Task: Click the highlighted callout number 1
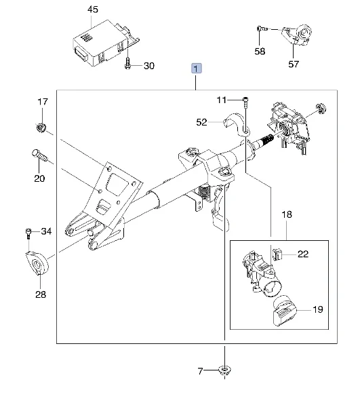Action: click(196, 69)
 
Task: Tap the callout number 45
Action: click(93, 9)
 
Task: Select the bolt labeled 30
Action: click(127, 64)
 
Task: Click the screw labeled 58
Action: click(262, 28)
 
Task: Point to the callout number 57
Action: click(294, 64)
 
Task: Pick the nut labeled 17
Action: click(41, 128)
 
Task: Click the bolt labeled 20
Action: click(39, 155)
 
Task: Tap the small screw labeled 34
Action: click(28, 233)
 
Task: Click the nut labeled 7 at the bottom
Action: click(224, 370)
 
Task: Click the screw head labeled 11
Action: click(245, 100)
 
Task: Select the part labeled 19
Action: click(284, 311)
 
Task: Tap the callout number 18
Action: click(287, 214)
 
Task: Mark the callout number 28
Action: click(41, 294)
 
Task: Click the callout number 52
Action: click(201, 122)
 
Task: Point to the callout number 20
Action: click(39, 178)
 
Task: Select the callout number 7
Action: click(200, 371)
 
